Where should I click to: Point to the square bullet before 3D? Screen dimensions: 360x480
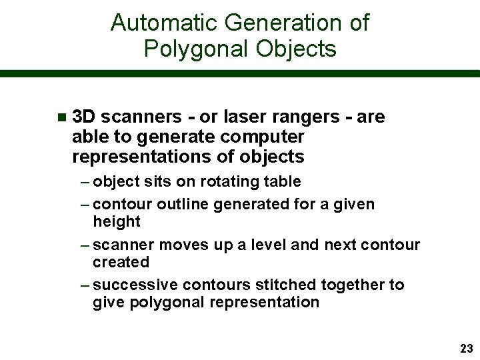coord(61,118)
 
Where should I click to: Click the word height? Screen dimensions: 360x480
coord(117,221)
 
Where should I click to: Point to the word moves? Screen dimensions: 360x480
coord(189,245)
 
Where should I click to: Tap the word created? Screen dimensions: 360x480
coord(121,262)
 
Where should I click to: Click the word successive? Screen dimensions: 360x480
coord(136,285)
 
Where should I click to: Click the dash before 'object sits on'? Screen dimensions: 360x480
coord(87,181)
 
